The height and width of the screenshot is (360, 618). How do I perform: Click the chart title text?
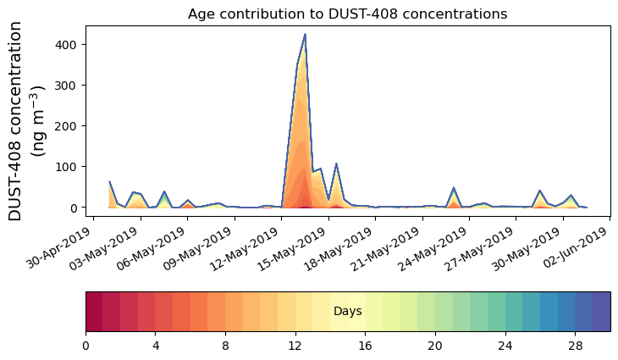[347, 14]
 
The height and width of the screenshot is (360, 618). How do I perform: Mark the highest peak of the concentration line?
[305, 35]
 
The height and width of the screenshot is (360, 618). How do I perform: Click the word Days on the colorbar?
[348, 312]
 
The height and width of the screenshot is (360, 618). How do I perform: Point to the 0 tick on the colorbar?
[86, 346]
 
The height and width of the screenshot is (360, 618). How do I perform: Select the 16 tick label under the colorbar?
[365, 346]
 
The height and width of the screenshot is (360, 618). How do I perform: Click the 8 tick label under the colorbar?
[225, 346]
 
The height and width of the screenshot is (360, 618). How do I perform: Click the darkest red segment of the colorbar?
[94, 311]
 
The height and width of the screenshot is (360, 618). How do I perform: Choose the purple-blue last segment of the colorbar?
[601, 311]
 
